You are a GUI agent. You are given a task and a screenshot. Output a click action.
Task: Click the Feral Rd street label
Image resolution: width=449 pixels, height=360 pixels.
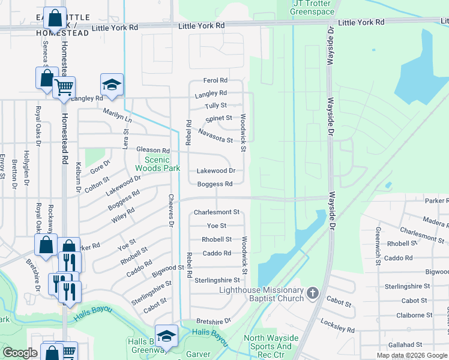(215, 80)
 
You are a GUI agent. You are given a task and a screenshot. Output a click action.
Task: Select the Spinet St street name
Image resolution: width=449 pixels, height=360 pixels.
(218, 119)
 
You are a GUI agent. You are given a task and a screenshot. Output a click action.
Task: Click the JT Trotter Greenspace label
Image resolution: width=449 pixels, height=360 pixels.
(313, 7)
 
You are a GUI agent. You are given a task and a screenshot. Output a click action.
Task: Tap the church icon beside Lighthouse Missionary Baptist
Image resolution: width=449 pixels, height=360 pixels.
(312, 293)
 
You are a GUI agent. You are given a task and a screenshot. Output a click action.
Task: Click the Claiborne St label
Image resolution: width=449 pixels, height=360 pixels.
(414, 315)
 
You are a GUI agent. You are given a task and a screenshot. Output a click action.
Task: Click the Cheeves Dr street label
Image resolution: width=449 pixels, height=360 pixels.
(171, 210)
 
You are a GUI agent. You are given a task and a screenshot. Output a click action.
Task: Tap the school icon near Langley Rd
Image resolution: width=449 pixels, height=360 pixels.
(112, 86)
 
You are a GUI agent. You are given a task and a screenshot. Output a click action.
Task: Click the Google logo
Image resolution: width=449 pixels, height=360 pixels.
(20, 353)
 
